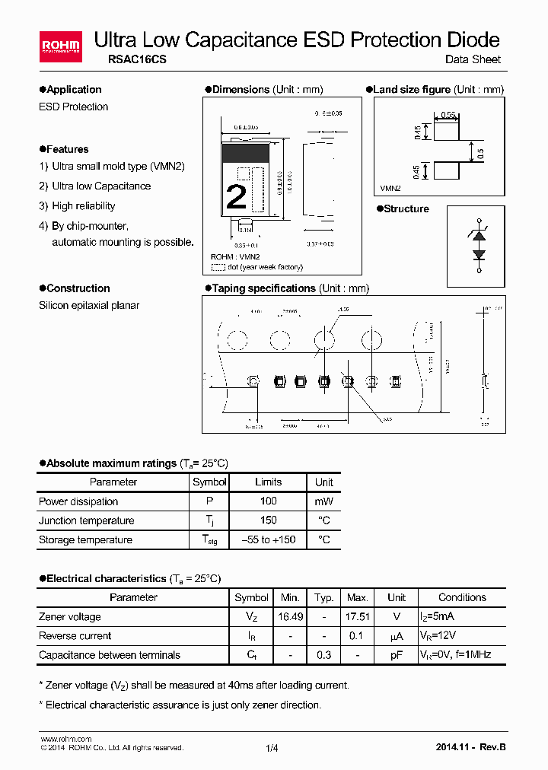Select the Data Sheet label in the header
coord(473,60)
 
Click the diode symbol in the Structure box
coord(479,245)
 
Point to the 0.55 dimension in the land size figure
coord(448,114)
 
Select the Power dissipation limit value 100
coord(268,501)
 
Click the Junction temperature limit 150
coord(268,520)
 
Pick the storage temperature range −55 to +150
coord(268,539)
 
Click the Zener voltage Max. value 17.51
coord(357,616)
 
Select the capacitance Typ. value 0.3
coord(323,655)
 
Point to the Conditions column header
coord(462,597)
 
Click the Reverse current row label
coord(75,636)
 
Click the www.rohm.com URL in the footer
coord(65,739)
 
